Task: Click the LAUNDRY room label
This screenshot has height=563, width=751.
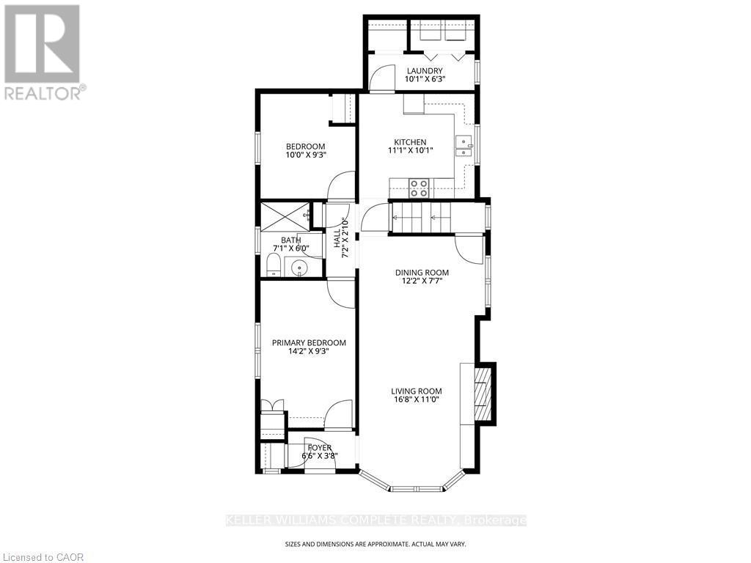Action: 425,70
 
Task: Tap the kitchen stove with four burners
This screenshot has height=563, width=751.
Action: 419,188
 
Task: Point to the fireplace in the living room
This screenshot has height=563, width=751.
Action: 482,394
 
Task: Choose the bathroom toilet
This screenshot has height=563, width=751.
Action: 273,265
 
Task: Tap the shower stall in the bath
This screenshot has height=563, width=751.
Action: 283,214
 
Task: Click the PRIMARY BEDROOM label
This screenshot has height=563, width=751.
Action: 309,342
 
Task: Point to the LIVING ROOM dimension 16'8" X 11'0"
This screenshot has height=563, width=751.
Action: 416,400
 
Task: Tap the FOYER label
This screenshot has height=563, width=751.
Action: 319,447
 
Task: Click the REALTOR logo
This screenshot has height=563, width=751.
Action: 42,51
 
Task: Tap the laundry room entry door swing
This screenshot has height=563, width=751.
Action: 381,78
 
